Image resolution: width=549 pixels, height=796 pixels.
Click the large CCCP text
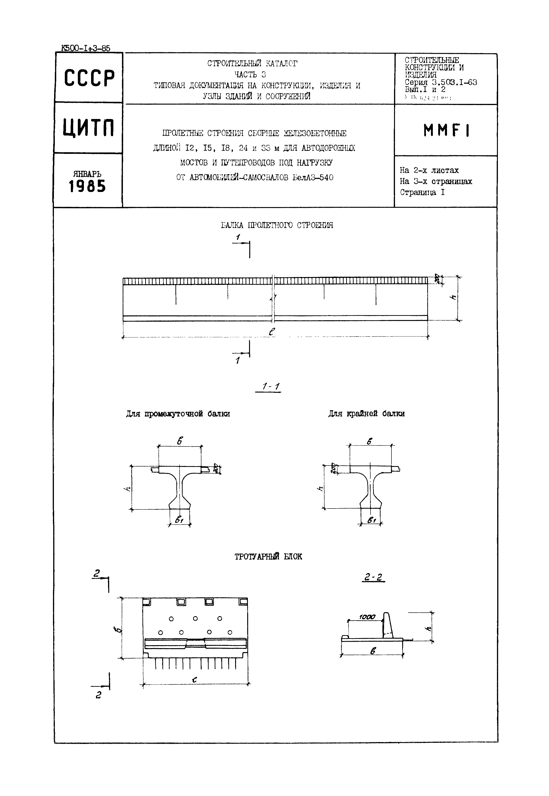[89, 78]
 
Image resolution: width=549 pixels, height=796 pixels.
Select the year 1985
[87, 187]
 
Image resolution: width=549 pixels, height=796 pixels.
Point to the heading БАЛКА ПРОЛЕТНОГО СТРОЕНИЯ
[277, 225]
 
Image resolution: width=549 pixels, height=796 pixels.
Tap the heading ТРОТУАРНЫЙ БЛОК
[268, 557]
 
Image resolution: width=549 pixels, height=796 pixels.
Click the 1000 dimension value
[367, 617]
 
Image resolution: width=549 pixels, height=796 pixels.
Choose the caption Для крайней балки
[366, 413]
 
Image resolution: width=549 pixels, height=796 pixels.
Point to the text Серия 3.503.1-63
[441, 82]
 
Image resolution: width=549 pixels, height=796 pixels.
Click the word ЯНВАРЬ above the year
[87, 174]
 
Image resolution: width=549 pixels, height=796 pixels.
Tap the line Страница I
[422, 192]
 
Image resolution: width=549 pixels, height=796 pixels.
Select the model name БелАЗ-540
[313, 178]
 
